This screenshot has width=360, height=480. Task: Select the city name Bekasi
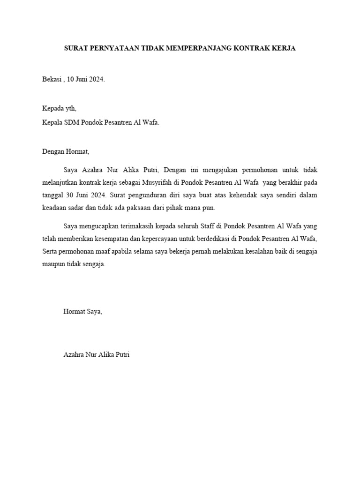(52, 79)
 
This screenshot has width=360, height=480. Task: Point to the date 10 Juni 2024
(86, 79)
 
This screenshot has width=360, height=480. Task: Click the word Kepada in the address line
(52, 108)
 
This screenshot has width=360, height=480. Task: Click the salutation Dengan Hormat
(65, 152)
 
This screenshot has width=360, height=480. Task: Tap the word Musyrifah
(165, 182)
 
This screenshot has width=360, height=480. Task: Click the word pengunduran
(142, 195)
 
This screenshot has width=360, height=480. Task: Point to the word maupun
(55, 264)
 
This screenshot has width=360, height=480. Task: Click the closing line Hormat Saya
(82, 311)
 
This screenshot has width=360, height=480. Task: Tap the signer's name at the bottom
(96, 355)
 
